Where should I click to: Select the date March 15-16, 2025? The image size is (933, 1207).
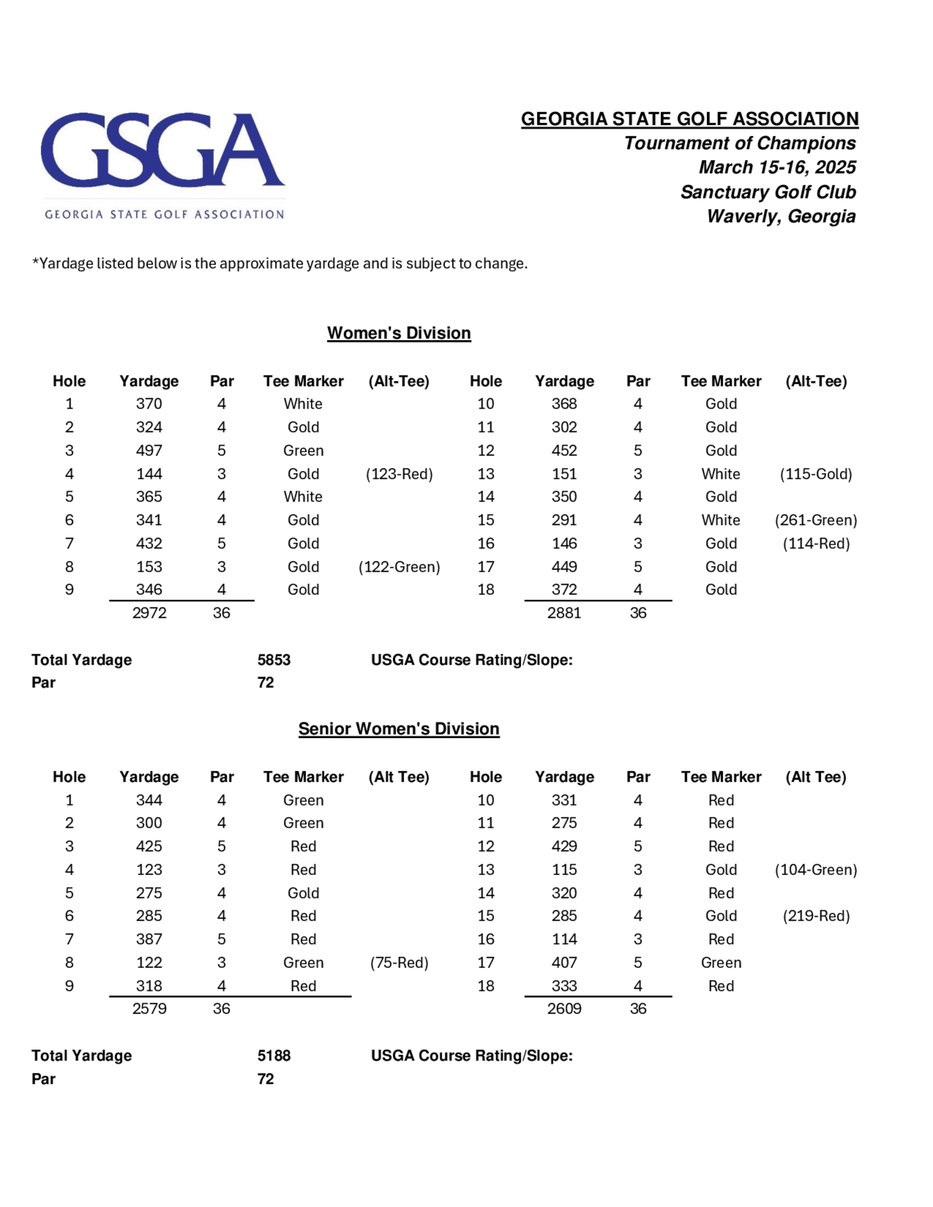777,167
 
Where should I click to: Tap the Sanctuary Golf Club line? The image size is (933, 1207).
768,192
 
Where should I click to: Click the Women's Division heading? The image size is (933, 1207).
398,333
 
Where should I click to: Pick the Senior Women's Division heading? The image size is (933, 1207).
398,729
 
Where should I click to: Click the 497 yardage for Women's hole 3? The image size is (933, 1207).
149,451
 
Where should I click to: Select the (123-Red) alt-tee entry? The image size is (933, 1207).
399,474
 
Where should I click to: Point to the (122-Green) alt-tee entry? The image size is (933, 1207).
399,567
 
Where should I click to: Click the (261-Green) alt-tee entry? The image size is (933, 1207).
816,520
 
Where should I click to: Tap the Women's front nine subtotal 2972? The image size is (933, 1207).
149,613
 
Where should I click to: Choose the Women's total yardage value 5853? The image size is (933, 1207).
273,660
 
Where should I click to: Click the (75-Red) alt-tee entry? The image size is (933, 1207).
399,963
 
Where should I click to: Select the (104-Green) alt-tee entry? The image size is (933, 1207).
816,870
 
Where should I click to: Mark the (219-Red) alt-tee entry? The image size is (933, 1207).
816,916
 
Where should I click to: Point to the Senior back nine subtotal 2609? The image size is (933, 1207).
564,1009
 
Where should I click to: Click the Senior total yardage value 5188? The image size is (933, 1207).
273,1055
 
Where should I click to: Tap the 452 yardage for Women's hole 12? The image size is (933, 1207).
564,451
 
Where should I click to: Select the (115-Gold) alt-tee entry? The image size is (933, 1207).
816,474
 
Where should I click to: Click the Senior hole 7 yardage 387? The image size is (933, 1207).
149,939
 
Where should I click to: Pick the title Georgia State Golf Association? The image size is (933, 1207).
689,119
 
